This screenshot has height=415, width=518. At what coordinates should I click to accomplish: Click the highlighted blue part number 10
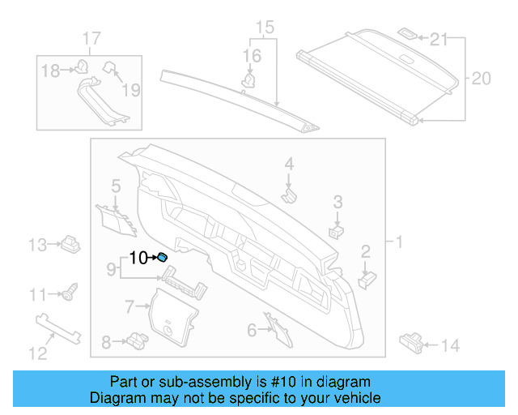[x=162, y=258]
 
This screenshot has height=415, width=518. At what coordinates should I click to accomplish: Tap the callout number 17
[x=92, y=38]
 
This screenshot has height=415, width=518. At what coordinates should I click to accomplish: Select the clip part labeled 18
[x=81, y=69]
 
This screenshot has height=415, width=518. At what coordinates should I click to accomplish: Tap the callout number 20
[x=481, y=79]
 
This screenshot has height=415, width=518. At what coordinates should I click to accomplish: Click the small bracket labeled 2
[x=367, y=278]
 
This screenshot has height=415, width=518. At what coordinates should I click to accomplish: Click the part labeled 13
[x=70, y=242]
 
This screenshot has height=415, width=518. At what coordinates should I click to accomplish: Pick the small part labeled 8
[x=135, y=340]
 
